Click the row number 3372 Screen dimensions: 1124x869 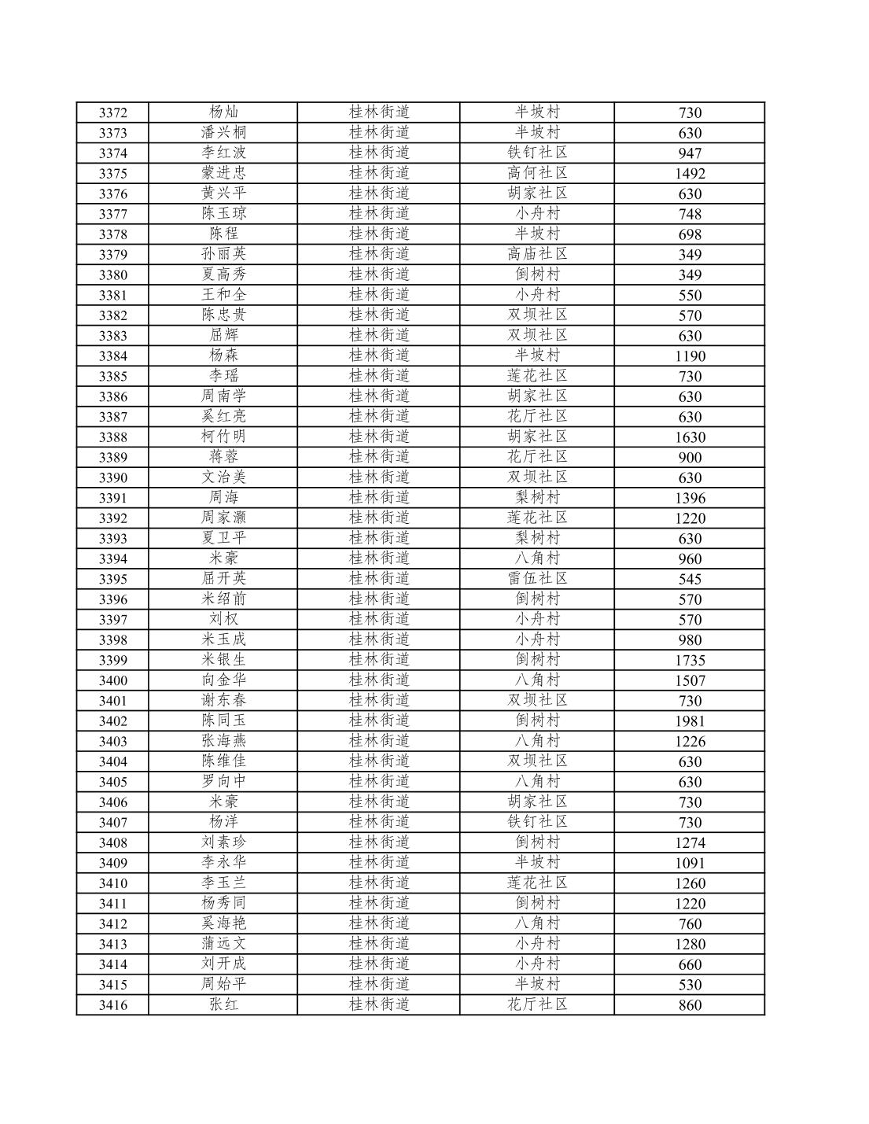112,112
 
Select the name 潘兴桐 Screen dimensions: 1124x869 223,132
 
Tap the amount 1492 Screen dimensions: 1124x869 690,174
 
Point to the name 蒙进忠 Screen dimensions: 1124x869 223,173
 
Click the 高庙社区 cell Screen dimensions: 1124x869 537,254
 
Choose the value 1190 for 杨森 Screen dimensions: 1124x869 690,356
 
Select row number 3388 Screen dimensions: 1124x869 112,437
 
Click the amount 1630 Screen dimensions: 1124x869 690,437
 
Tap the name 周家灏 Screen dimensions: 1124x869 223,518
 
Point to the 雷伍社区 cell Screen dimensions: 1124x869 537,579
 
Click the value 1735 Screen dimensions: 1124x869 690,661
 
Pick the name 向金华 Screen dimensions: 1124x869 223,680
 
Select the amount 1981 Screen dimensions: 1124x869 690,721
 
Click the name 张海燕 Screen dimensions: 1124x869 223,741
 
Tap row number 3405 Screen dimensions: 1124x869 112,782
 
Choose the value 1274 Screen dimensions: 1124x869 690,843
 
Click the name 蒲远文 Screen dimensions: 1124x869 223,944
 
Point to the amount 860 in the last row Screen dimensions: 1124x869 690,1005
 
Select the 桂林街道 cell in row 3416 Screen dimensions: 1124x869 379,1004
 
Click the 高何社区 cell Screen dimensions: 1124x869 537,173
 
